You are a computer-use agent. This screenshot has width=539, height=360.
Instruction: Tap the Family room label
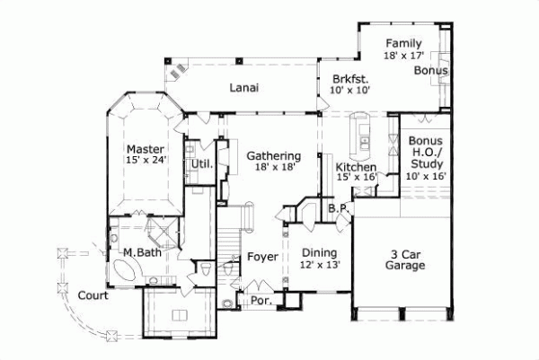pos(402,44)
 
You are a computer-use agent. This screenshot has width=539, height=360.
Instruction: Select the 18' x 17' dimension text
pos(402,56)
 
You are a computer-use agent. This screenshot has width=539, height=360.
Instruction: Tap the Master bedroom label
pos(144,149)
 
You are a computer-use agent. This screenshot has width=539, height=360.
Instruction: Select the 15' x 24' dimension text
pos(144,161)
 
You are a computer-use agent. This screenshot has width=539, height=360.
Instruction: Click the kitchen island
pos(364,131)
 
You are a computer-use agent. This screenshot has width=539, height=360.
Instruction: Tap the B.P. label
pos(338,208)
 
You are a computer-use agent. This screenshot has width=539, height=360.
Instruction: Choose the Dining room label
pos(320,253)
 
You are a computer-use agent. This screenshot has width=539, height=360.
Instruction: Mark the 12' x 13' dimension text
pos(320,265)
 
